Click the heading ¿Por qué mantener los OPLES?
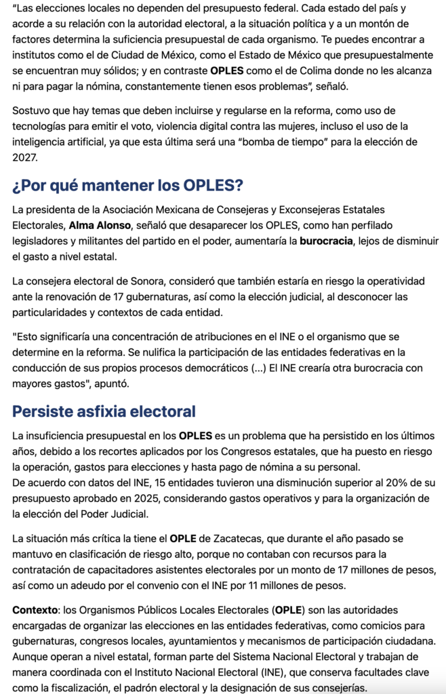[x=127, y=185]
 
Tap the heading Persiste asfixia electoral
[x=104, y=411]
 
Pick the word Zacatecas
[x=244, y=539]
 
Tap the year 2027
[x=26, y=157]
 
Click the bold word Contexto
[x=35, y=610]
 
